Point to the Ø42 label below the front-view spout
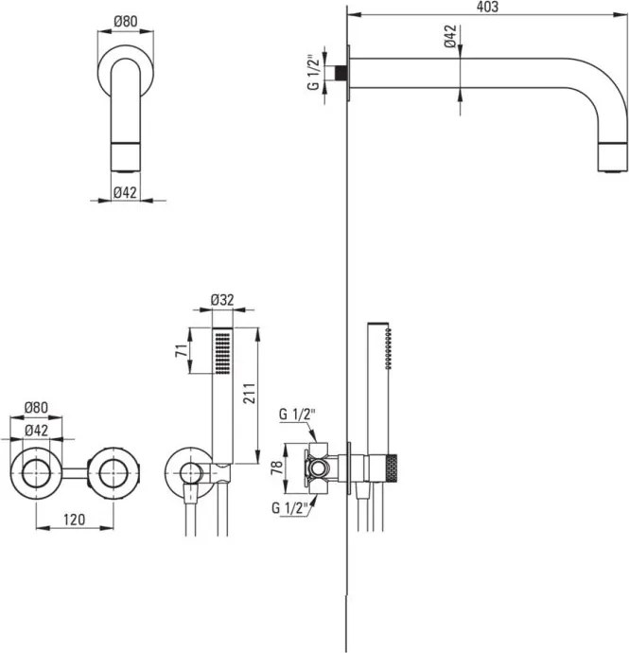[x=125, y=192]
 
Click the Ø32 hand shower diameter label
[x=221, y=300]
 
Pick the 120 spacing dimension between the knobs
[x=79, y=520]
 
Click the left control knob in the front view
[x=36, y=469]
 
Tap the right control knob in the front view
[x=115, y=469]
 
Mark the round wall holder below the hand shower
[x=188, y=470]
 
